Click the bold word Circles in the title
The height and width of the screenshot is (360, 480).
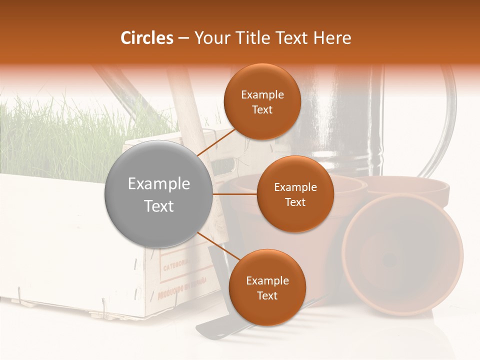(147, 38)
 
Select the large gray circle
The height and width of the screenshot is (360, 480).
(158, 194)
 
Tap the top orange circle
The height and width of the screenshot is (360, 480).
(262, 101)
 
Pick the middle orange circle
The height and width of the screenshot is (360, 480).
(295, 194)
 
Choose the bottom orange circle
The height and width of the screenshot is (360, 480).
(267, 287)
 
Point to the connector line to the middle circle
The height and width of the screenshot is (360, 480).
(234, 194)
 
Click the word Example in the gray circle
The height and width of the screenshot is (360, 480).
(158, 183)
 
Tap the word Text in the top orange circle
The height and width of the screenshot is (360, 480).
(262, 109)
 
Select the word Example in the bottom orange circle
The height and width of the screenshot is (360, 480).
(267, 280)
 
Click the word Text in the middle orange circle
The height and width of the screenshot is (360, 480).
(295, 202)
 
